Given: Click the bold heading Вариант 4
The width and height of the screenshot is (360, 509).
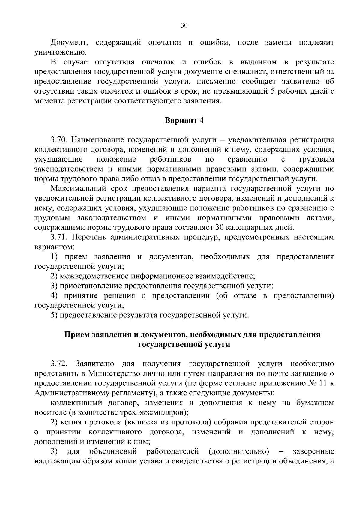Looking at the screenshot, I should click(184, 121).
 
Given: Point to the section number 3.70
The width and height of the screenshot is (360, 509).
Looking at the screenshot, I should click(60, 140).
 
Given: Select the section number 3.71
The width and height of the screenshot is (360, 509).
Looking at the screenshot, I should click(60, 237).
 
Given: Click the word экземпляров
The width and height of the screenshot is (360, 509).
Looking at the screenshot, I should click(163, 412).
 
